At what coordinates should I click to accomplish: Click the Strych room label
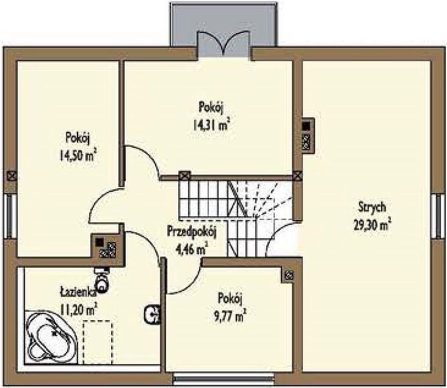tap(372, 208)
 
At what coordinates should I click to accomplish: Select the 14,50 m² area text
tap(78, 155)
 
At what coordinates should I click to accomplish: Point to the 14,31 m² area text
tap(211, 125)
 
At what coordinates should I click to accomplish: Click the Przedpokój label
tap(192, 232)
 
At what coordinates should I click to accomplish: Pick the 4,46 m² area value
tap(192, 249)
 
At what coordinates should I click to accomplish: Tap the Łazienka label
tap(78, 293)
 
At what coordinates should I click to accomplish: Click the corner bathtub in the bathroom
tap(51, 337)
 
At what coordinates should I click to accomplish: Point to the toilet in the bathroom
tap(101, 280)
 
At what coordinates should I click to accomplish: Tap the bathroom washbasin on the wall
tap(153, 314)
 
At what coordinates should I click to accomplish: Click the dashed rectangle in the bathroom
tap(97, 342)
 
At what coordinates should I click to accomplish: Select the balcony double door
tap(224, 45)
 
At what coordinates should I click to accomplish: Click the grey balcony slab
tap(224, 25)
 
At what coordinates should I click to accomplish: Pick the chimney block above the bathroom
tap(107, 246)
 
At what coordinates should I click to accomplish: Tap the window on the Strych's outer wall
tap(439, 216)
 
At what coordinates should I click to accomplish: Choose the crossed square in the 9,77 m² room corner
tap(289, 275)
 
